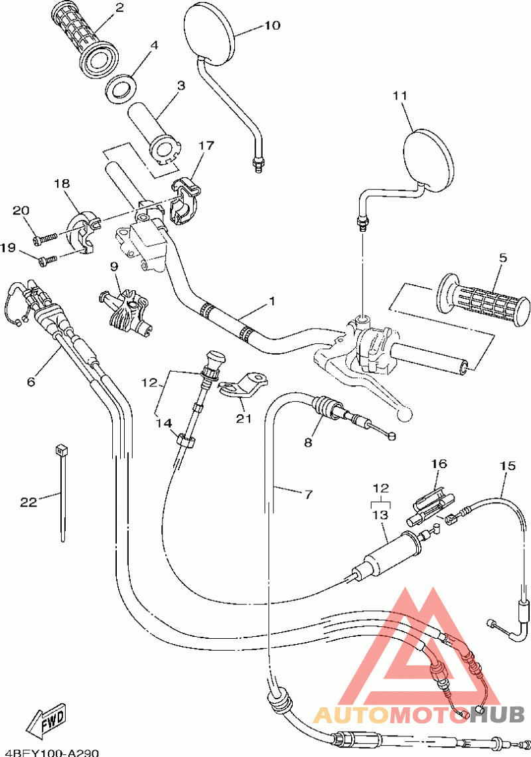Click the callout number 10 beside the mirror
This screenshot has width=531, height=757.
click(273, 25)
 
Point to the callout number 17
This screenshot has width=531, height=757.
click(205, 145)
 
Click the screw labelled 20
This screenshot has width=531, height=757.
click(45, 238)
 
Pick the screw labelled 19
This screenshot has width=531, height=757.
click(48, 260)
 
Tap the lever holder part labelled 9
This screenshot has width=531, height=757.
click(127, 311)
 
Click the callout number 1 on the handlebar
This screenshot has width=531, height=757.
click(272, 301)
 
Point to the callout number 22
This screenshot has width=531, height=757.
click(29, 502)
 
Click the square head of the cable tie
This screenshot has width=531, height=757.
click(61, 450)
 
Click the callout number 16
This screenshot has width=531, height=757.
click(439, 463)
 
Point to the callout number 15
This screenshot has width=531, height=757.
click(508, 466)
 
